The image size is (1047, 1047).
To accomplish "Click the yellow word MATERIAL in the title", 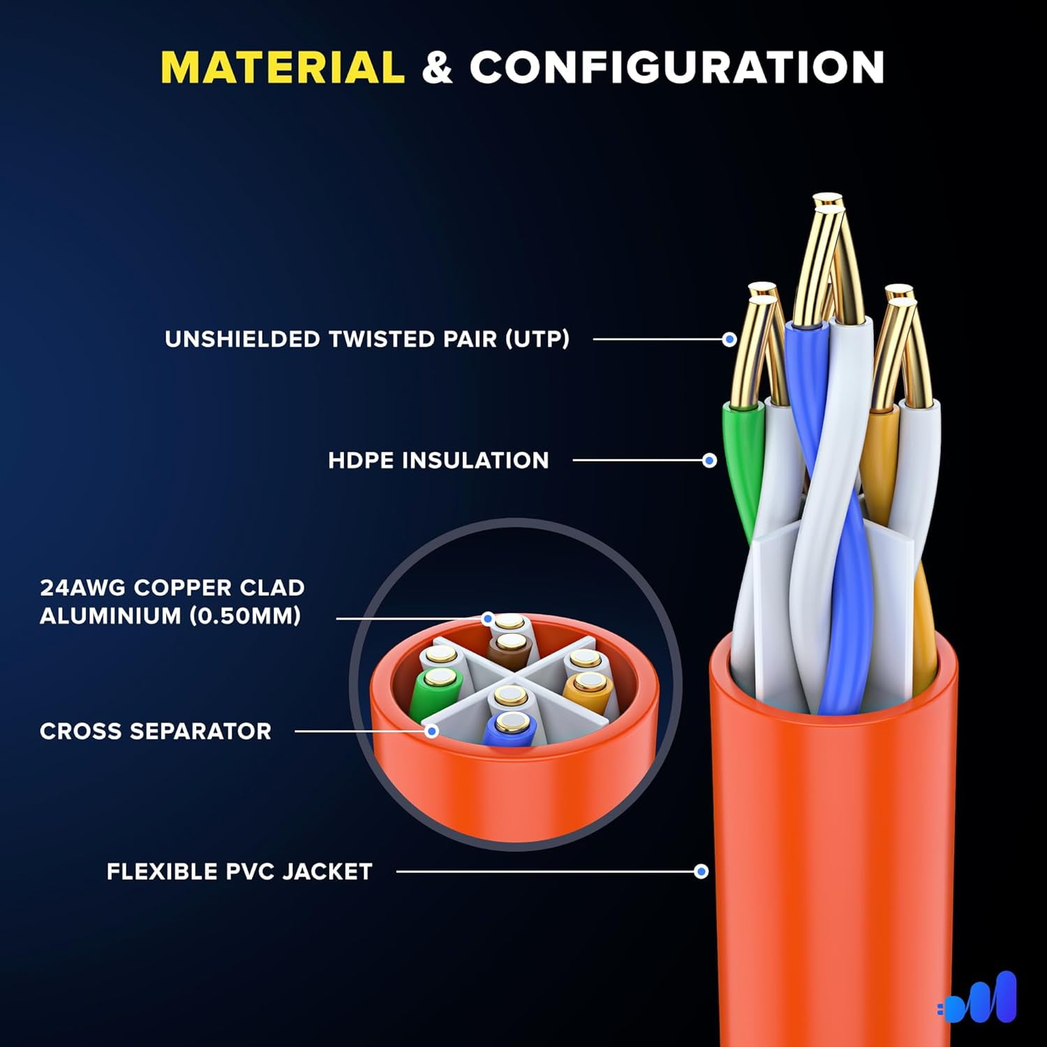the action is coord(283,68).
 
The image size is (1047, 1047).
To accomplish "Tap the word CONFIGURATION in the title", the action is coord(677,68).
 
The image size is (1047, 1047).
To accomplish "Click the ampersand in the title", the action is coord(438,68).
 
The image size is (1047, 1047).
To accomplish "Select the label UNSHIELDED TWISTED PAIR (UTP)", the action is coord(367,339).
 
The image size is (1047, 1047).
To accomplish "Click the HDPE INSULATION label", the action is coord(438,461).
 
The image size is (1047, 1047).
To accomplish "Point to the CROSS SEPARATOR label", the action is coord(156,732).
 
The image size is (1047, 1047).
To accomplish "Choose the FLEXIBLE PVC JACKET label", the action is coord(239,872).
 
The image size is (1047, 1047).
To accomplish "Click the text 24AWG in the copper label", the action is coord(82,588).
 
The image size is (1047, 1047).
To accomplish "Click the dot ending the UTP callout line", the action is coord(729,339).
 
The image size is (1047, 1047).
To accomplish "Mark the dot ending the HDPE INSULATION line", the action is coord(710,461).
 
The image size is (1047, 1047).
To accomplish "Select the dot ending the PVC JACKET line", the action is coord(701,872).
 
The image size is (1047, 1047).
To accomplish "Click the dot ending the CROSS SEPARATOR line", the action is coord(432,732).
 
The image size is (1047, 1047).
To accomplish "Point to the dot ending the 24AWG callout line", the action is coord(488,618).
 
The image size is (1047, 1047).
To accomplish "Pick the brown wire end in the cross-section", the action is coord(510,649).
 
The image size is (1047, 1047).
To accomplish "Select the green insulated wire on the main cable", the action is coord(744,468).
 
